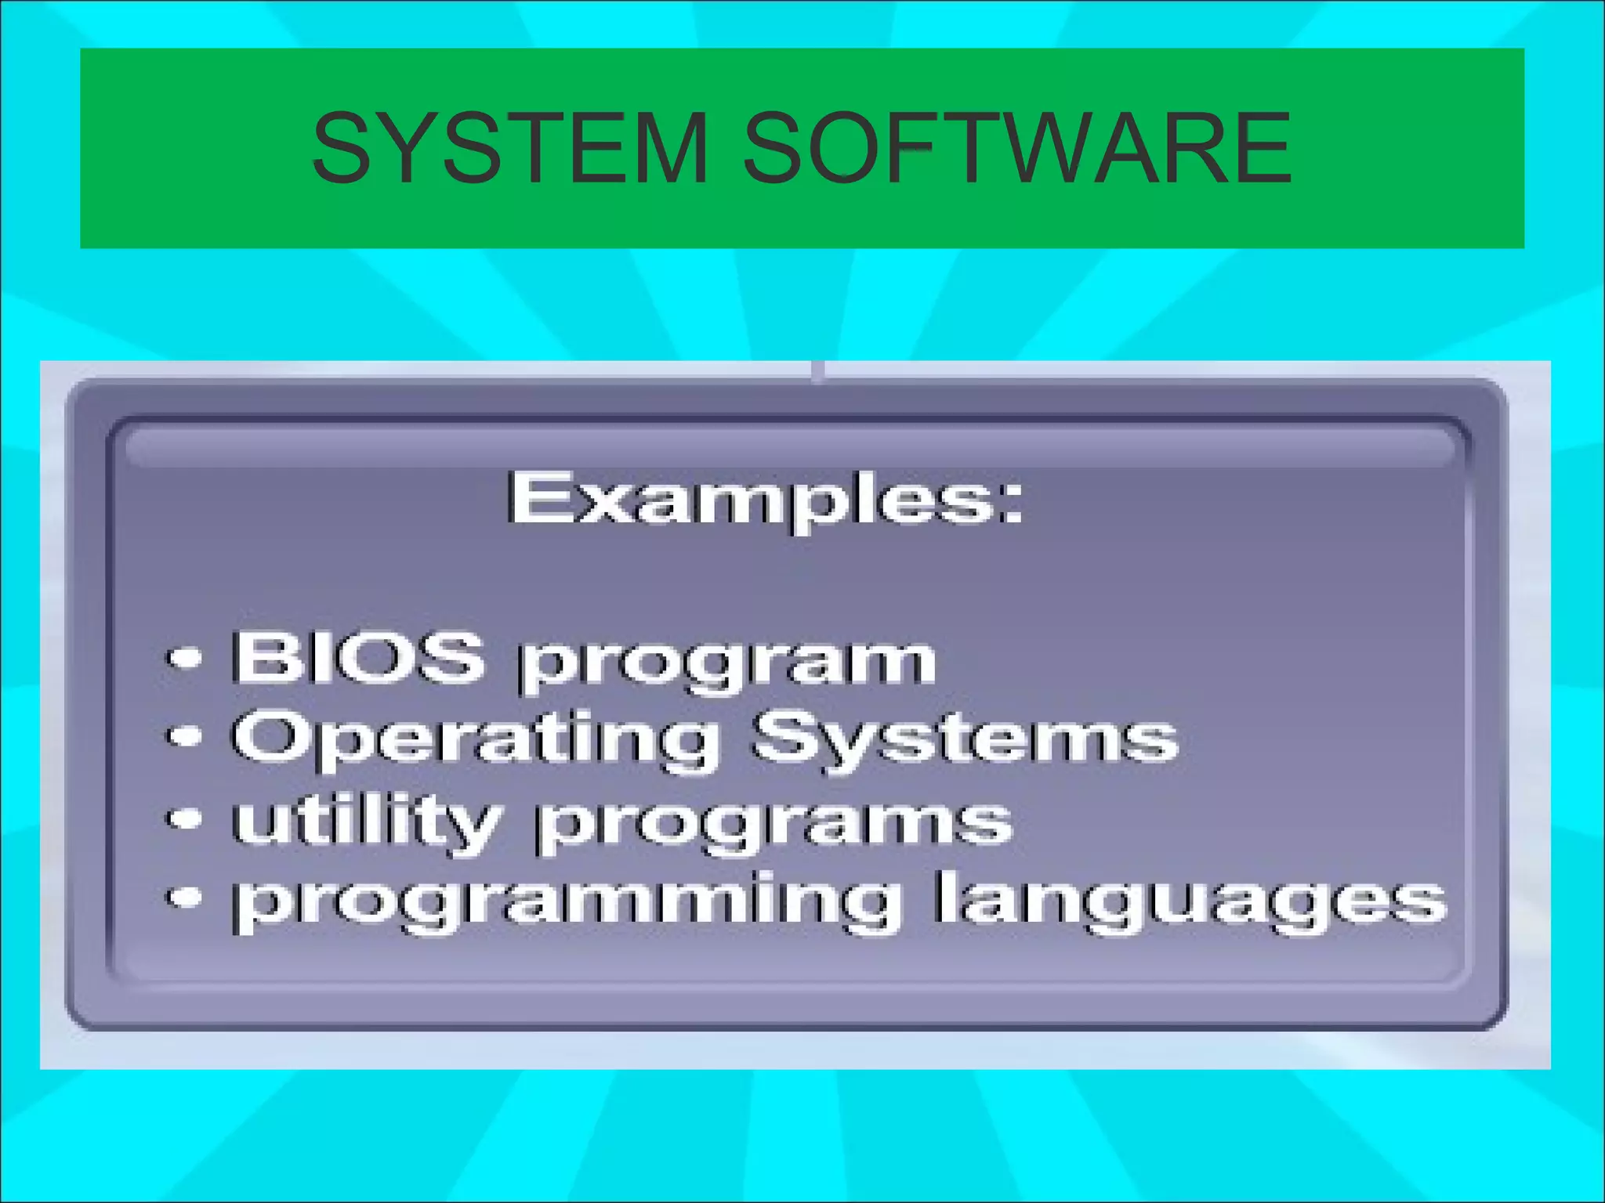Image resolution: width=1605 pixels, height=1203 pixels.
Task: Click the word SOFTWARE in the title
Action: [x=1016, y=149]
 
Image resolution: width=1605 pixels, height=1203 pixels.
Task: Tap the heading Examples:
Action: [x=764, y=499]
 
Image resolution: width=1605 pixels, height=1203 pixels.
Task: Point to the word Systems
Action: [x=963, y=740]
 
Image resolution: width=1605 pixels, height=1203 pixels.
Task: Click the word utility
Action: [x=365, y=823]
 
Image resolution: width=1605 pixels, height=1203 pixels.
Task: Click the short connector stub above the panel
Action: [x=817, y=371]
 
